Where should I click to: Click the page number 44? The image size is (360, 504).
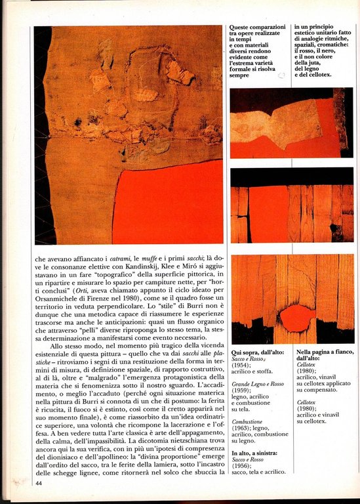point(39,483)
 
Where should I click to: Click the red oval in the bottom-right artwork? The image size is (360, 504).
point(296,318)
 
